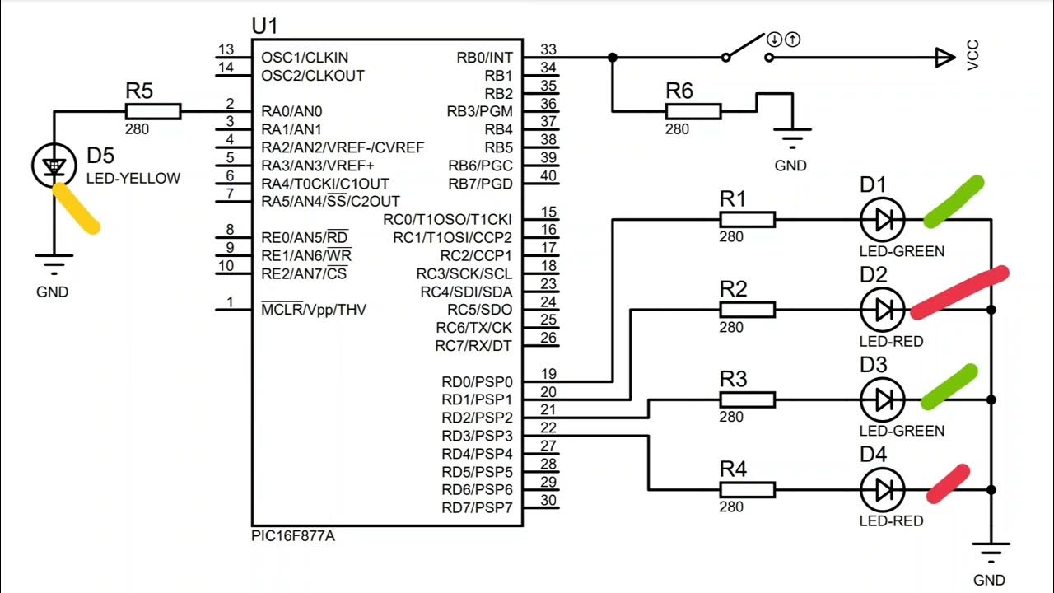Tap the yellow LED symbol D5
(x=54, y=166)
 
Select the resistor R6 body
(x=693, y=111)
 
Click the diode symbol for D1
(x=882, y=219)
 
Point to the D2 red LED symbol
(x=882, y=310)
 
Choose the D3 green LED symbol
(x=882, y=400)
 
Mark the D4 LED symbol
(x=882, y=490)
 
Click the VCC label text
(x=973, y=57)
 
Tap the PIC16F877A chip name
(x=294, y=536)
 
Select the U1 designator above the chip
(x=264, y=26)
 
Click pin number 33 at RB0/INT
(x=548, y=49)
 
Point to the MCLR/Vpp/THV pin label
(x=314, y=310)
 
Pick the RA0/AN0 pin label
(x=291, y=111)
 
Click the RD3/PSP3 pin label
(x=477, y=436)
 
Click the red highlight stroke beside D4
(x=947, y=484)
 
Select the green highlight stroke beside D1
(x=954, y=202)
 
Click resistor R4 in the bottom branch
(x=747, y=490)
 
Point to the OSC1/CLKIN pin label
(x=305, y=58)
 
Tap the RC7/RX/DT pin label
(x=473, y=346)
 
